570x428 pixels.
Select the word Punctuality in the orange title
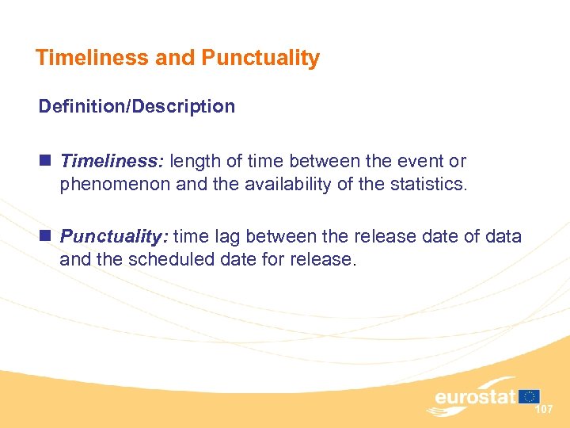tap(260, 58)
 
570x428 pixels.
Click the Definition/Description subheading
tap(137, 106)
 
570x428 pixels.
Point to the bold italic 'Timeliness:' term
tap(112, 162)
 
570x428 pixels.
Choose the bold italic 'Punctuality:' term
tap(116, 236)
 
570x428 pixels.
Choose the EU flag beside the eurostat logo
tap(530, 396)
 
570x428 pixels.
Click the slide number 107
tap(544, 410)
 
